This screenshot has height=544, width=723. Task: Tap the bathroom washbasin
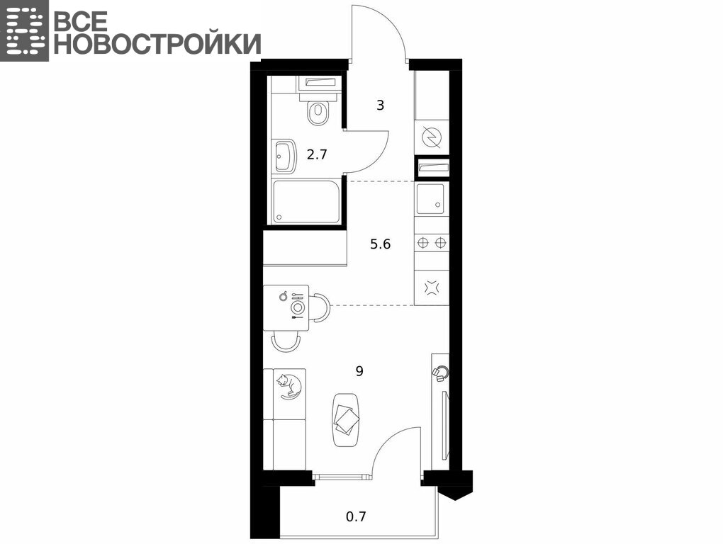pos(285,156)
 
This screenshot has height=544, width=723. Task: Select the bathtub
pos(306,202)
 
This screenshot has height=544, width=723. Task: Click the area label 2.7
pos(318,154)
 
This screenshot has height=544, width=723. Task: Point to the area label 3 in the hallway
pos(381,106)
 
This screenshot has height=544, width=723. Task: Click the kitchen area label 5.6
pos(381,244)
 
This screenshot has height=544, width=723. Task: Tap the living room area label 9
pos(359,370)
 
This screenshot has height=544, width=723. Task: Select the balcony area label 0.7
pos(356,517)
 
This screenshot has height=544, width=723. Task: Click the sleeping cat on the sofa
pos(290,386)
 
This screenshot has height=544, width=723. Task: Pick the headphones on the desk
pos(441,373)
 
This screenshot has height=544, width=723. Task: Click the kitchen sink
pos(431,200)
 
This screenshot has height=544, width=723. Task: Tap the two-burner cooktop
pos(432,242)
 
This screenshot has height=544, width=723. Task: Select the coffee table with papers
pos(347,419)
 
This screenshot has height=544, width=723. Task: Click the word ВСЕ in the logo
pos(82,21)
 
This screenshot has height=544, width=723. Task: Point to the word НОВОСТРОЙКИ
pos(157,44)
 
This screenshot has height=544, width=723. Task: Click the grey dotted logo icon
pos(24,30)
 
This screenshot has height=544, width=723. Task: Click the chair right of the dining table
pos(320,307)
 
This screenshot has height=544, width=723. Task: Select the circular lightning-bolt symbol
pos(432,137)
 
